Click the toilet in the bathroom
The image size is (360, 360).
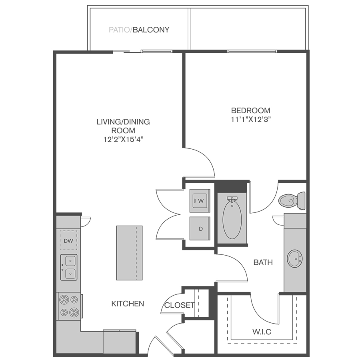click(292, 201)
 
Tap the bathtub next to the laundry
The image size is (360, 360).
click(232, 218)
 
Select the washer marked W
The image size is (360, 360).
click(200, 201)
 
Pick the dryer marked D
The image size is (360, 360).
click(200, 228)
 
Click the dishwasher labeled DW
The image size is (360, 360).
click(68, 240)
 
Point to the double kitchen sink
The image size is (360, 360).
click(69, 267)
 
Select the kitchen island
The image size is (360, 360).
click(129, 253)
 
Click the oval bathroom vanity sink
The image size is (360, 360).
click(295, 259)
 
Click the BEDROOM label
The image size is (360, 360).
click(250, 110)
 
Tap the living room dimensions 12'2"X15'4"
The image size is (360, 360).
click(124, 139)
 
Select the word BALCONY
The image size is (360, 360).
click(151, 30)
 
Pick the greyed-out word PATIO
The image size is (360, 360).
click(119, 30)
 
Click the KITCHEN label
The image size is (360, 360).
click(128, 304)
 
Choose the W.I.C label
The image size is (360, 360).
click(262, 332)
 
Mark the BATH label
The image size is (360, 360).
click(263, 262)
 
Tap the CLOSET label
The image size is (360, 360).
click(179, 305)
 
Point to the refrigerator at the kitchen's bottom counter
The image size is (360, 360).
click(120, 342)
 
